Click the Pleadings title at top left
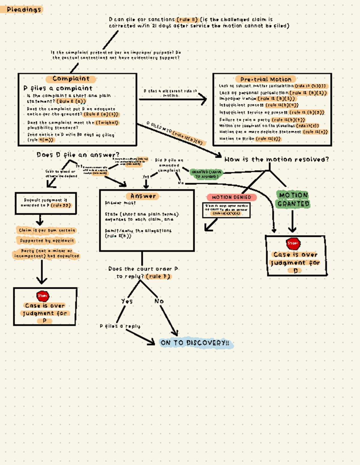(24, 10)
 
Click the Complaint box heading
(71, 79)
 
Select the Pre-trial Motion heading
(266, 79)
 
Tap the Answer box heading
(143, 196)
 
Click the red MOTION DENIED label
(231, 197)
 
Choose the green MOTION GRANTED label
(293, 200)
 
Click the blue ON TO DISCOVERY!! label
(195, 343)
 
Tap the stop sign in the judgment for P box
(43, 296)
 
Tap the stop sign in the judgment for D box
(293, 243)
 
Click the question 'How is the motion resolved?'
(276, 159)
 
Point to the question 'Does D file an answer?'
(78, 155)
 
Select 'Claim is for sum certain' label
(47, 230)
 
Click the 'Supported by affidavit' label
(47, 240)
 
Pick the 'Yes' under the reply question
(127, 301)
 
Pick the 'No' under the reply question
(159, 301)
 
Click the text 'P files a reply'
(120, 326)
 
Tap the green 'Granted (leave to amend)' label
(206, 174)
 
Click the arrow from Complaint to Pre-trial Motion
(173, 99)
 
